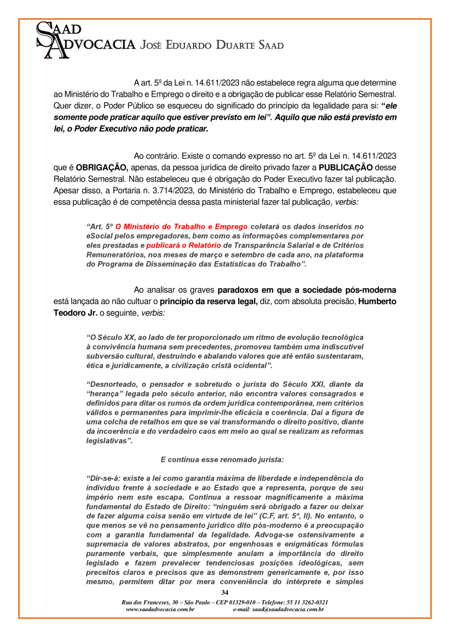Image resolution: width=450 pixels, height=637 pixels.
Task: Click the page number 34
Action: tap(224, 592)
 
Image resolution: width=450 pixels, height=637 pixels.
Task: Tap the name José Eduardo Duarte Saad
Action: tap(212, 45)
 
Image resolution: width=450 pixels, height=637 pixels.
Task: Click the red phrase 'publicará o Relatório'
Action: tap(182, 244)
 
